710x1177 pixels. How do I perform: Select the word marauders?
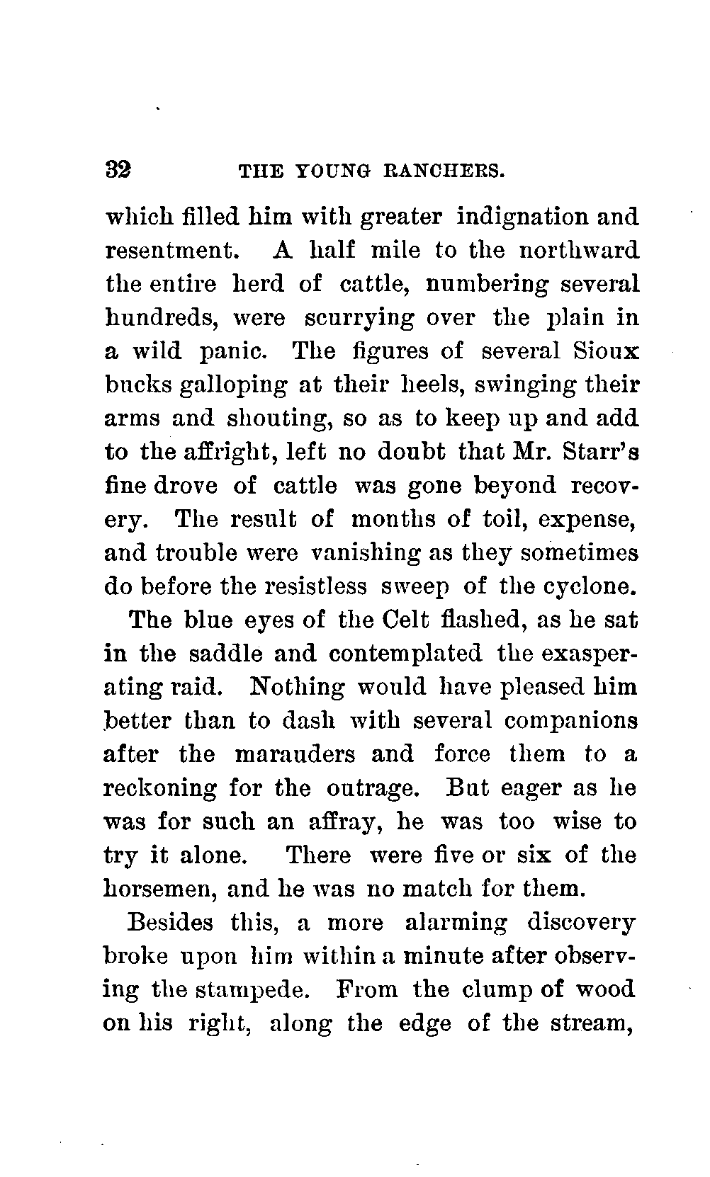tap(295, 755)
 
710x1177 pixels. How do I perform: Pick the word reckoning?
tap(160, 789)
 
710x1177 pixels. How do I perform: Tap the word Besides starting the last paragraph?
tap(171, 923)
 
